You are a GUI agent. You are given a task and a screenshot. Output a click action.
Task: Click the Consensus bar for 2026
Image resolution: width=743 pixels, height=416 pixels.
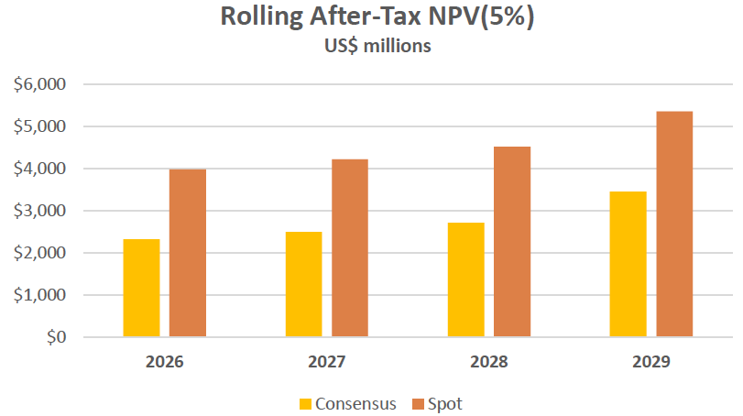click(141, 288)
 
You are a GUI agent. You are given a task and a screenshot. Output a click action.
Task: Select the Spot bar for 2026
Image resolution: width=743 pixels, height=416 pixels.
click(188, 253)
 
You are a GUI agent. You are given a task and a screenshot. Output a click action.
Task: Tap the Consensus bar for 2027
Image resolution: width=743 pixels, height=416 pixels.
click(303, 284)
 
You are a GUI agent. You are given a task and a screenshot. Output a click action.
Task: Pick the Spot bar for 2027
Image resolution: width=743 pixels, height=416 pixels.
click(350, 248)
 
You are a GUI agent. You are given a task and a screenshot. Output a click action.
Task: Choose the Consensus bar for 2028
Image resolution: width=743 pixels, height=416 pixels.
click(465, 279)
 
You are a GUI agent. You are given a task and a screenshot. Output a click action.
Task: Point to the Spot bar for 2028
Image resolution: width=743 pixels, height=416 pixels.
click(512, 242)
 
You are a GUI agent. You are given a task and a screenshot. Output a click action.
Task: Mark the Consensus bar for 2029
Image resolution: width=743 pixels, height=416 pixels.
click(628, 264)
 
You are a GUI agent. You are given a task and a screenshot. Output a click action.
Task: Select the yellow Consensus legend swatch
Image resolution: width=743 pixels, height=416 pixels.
click(305, 403)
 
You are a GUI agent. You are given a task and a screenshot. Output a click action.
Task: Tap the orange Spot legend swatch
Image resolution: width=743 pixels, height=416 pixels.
click(418, 403)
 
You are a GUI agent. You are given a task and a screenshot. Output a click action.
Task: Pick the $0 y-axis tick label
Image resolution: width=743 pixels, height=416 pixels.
click(54, 337)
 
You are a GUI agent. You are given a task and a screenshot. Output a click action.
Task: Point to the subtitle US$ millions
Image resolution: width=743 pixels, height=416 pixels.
click(372, 47)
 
